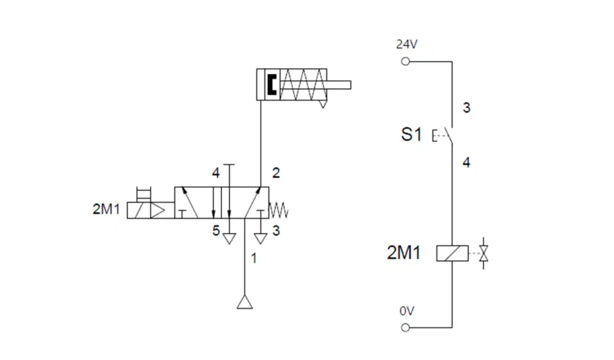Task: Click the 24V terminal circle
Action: [x=405, y=61]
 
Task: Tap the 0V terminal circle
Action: [x=405, y=327]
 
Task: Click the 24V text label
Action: [x=407, y=44]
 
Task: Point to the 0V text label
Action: [x=407, y=311]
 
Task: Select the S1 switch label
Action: [x=411, y=134]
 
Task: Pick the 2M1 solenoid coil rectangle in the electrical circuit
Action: [x=452, y=253]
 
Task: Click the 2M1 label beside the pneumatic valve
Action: [x=106, y=209]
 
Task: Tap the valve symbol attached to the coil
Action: [x=484, y=253]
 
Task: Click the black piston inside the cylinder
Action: [x=271, y=85]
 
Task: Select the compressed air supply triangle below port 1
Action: [x=245, y=302]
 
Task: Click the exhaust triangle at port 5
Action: [x=229, y=238]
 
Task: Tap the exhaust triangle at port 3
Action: [x=260, y=238]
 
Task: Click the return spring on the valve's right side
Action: [x=279, y=210]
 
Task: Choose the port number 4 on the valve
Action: [x=216, y=173]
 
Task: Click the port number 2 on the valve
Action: [x=276, y=173]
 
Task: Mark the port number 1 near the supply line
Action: [x=254, y=258]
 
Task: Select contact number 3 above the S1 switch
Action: [x=466, y=107]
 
